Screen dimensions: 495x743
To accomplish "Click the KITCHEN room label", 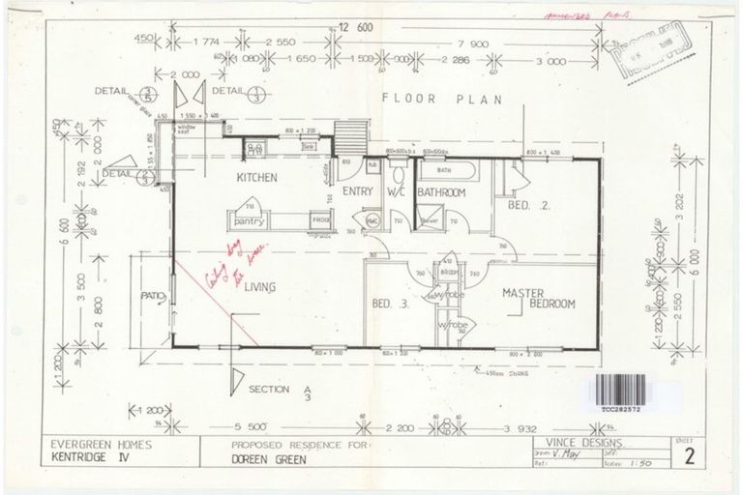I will point(257,179).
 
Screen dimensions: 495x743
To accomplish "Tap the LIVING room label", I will point(261,286).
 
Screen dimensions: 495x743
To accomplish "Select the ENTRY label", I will point(357,192).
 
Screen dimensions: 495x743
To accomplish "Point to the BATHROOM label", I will point(442,193).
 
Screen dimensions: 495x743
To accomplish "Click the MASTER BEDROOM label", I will point(539,297).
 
